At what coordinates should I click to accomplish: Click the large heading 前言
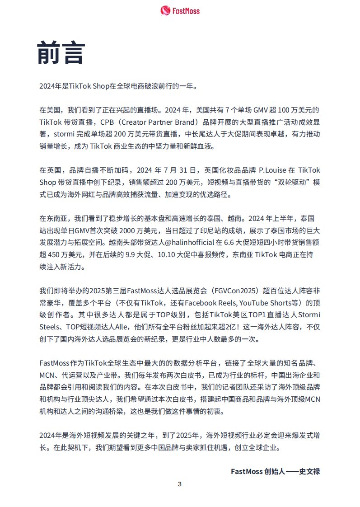[61, 53]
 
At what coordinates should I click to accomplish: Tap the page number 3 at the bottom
[180, 484]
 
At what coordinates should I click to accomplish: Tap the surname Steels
[49, 325]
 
